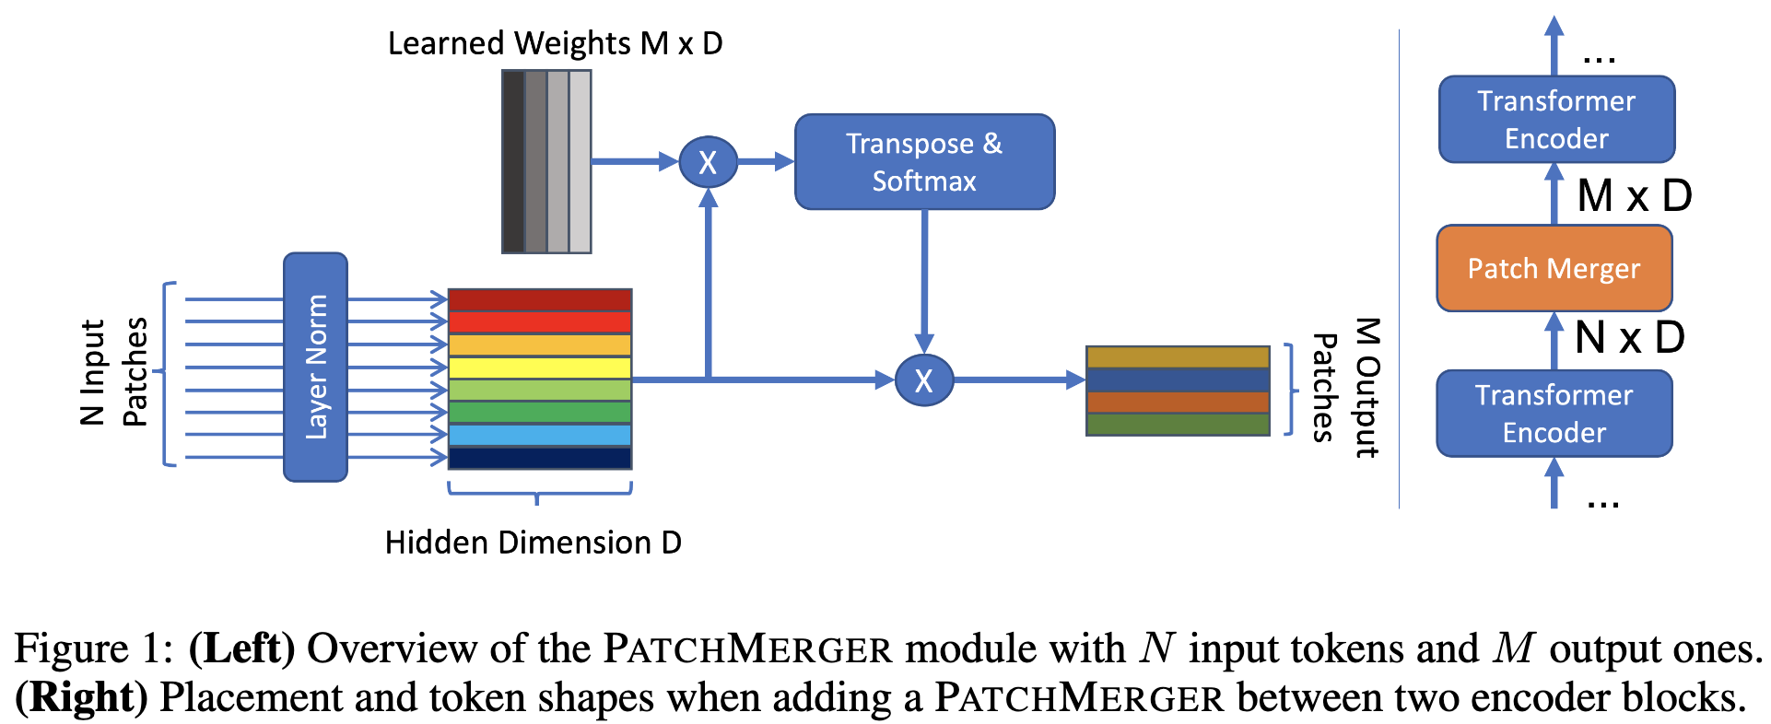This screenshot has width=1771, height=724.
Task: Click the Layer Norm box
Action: coord(315,367)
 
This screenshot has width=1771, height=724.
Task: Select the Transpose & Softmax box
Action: coord(924,162)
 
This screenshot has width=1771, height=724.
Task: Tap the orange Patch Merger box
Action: coord(1554,268)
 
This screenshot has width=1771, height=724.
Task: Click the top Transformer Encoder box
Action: coord(1556,120)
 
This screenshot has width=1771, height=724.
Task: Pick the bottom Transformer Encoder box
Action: coord(1554,414)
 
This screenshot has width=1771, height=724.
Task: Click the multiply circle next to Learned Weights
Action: coord(708,162)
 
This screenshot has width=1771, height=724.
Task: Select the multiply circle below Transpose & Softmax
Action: coord(924,380)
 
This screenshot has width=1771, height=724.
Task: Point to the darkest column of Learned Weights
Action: coord(513,161)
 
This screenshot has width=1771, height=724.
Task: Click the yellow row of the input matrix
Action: coord(540,368)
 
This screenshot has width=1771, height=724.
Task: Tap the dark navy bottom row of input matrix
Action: coord(540,458)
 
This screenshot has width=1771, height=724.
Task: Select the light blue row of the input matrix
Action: coord(540,435)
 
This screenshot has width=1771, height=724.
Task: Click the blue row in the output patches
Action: coord(1178,380)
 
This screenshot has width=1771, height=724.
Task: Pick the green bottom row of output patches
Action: coord(1178,425)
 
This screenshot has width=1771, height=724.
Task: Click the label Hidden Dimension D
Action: coord(533,543)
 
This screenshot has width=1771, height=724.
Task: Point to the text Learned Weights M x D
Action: coord(555,43)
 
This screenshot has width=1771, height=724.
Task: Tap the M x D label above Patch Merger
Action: coord(1634,196)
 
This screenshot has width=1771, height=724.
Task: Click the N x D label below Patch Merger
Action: coord(1629,337)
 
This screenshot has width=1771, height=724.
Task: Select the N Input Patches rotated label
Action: coord(113,372)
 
